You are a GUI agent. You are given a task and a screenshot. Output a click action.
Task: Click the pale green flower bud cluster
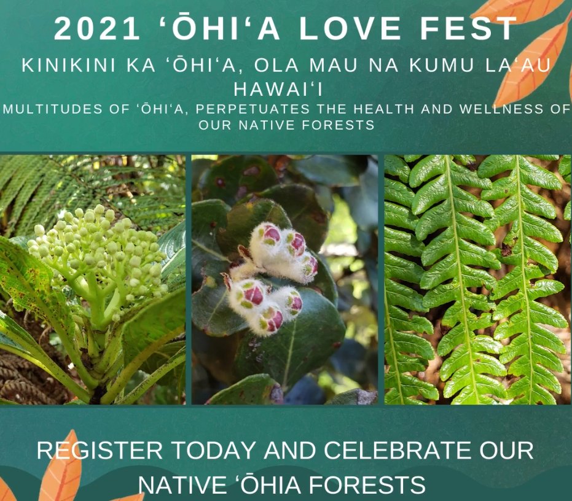coord(99,249)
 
